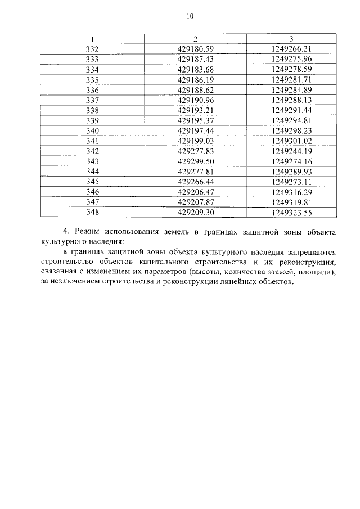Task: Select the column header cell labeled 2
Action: (195, 39)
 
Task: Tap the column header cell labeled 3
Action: (291, 39)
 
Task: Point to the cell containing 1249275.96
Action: (291, 59)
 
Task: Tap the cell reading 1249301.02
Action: (291, 141)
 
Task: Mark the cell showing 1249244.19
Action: (291, 151)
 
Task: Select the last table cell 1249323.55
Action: (291, 213)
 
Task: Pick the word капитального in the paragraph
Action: (192, 263)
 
